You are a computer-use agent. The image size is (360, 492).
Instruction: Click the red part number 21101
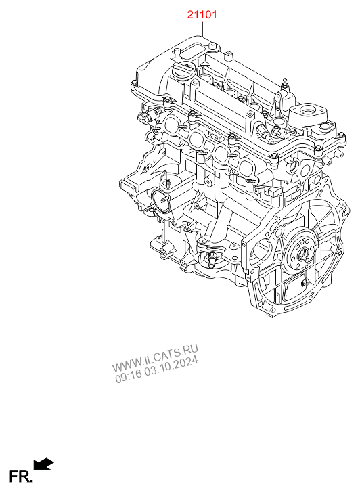click(x=202, y=14)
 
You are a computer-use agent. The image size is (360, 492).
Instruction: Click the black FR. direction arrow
click(x=43, y=464)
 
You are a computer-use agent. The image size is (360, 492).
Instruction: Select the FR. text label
click(x=20, y=476)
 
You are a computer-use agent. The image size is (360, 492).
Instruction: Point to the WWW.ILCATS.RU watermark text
click(x=155, y=358)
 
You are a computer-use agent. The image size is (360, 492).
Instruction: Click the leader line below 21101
click(x=202, y=28)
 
